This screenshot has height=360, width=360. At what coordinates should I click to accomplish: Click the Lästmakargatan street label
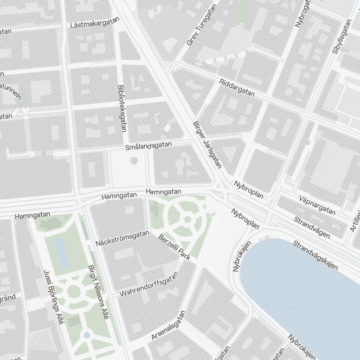(x=95, y=23)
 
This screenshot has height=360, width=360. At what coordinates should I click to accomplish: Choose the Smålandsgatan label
(x=149, y=146)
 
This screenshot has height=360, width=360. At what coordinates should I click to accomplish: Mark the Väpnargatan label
(x=317, y=206)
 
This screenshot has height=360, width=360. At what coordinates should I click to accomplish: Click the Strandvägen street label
(x=312, y=227)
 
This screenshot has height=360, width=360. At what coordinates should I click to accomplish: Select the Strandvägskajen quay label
(x=315, y=255)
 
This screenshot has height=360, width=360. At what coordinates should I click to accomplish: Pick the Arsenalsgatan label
(x=168, y=325)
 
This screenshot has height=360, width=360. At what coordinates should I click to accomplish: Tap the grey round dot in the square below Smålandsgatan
(x=134, y=160)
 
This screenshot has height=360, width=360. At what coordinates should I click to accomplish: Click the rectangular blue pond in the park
(x=62, y=253)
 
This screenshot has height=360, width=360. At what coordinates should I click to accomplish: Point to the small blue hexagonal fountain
(x=87, y=335)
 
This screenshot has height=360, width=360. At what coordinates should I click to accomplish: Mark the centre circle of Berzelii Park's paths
(x=187, y=219)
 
